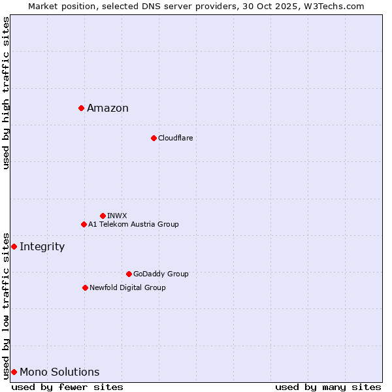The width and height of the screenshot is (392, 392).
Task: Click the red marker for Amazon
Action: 81,108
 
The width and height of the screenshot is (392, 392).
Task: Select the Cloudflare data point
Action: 154,138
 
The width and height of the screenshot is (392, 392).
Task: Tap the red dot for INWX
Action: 103,216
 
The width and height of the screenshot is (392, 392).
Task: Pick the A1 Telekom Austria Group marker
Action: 84,224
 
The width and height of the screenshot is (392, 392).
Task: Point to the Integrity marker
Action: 14,246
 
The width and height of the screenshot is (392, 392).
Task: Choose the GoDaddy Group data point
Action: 129,274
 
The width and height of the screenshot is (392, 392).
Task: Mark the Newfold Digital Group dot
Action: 85,287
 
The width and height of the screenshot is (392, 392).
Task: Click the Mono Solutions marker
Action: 14,372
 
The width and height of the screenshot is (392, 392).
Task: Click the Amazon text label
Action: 108,108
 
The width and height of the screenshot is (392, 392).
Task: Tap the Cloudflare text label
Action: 176,138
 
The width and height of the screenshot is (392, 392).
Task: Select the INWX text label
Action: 118,216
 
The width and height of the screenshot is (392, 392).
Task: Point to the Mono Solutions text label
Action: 59,372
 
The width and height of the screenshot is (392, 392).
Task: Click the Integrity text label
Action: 42,247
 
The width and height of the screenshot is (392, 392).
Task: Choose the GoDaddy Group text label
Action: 161,274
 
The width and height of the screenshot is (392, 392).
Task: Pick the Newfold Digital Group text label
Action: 127,287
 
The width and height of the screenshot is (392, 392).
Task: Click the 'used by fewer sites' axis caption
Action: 67,387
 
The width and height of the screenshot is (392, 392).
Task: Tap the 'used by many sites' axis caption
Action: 328,387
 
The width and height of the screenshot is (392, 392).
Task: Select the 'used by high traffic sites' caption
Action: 6,93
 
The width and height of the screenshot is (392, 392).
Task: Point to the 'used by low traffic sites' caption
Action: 6,305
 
